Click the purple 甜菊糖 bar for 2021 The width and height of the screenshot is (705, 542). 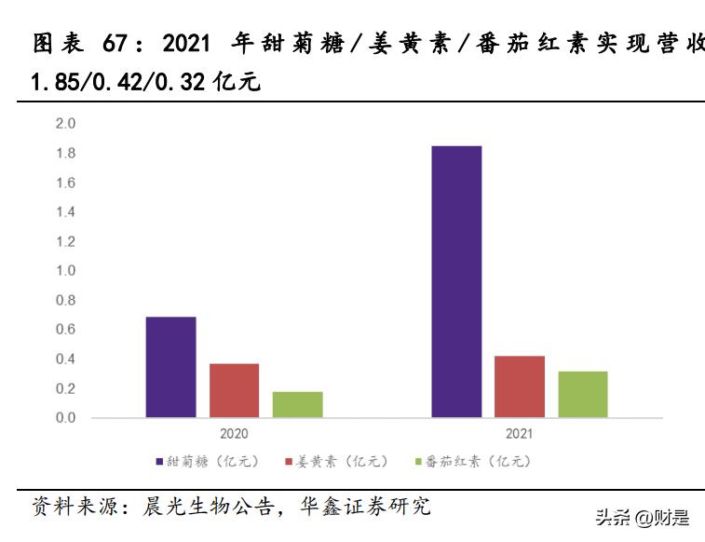[456, 281]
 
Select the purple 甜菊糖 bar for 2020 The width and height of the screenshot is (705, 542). [171, 367]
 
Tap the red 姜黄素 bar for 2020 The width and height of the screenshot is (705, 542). [234, 390]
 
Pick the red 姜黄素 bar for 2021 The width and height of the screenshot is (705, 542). [520, 386]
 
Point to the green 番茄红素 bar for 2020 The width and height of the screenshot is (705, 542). [297, 404]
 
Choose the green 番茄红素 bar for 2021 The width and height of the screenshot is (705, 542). [583, 394]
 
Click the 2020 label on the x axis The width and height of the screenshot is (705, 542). [235, 434]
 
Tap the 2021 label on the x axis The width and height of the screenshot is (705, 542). [520, 434]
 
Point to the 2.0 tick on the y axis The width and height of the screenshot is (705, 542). [65, 124]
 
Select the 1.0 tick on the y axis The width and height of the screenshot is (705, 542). [65, 271]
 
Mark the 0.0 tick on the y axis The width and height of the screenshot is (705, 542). [65, 418]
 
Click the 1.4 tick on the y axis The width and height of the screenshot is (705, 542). [65, 212]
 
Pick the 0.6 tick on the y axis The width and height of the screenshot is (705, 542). [65, 330]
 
